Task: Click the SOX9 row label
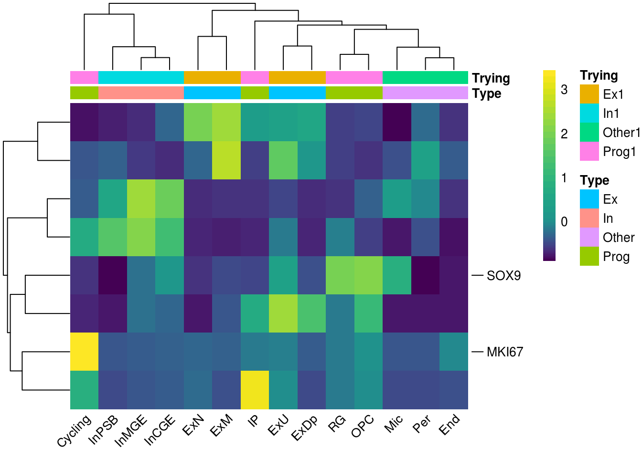point(503,276)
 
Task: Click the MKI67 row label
point(505,352)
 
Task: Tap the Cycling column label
point(74,430)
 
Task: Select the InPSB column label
point(104,430)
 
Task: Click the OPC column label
point(363,426)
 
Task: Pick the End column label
point(449,424)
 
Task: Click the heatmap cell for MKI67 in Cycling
point(85,352)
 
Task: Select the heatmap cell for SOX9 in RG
point(340,275)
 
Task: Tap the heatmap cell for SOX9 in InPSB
point(113,275)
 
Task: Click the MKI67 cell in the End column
point(454,352)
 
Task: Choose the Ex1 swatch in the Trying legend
point(589,94)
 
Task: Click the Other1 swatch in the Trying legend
point(589,133)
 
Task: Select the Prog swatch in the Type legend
point(589,257)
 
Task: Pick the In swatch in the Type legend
point(589,219)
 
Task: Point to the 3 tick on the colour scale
point(564,90)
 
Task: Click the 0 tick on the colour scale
point(564,222)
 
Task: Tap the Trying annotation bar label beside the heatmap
point(491,78)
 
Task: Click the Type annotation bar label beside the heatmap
point(486,94)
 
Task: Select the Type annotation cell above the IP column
point(255,93)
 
